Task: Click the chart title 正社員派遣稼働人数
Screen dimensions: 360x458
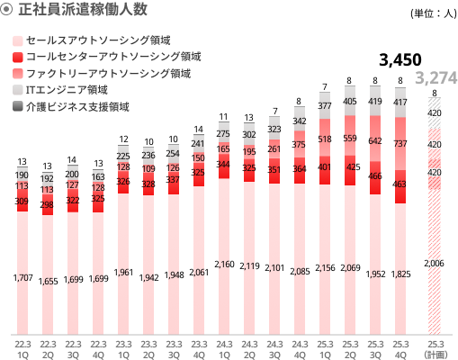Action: coord(82,12)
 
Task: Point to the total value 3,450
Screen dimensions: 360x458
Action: coord(400,60)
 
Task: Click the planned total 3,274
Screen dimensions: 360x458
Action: coord(436,78)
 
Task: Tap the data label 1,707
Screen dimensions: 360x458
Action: coord(23,278)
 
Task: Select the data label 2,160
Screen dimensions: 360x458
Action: coord(224,265)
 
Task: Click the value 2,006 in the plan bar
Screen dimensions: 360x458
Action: coord(436,263)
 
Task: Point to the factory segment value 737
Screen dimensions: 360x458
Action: coord(400,143)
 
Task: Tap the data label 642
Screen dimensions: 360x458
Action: coord(375,140)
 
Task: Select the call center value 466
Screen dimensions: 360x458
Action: coord(375,177)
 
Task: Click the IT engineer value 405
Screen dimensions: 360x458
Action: coord(350,102)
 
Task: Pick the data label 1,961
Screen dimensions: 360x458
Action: coord(123,273)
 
